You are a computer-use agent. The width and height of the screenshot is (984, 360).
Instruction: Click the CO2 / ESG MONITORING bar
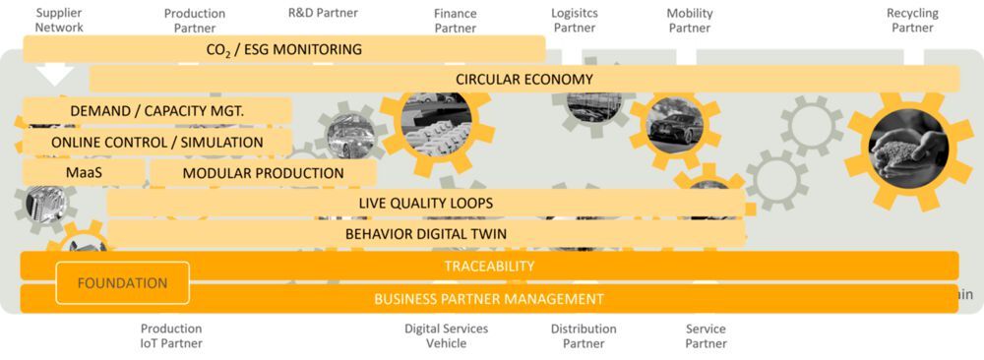[x=283, y=49]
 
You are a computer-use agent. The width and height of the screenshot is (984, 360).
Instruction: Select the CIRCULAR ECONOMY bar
[x=523, y=80]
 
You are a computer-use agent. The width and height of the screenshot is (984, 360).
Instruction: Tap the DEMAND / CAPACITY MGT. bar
[x=157, y=111]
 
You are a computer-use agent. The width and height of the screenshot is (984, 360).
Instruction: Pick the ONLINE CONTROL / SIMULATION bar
[x=157, y=143]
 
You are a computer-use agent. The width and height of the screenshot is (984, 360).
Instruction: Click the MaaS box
[x=84, y=173]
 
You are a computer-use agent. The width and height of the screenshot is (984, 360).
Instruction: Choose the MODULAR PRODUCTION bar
[x=263, y=173]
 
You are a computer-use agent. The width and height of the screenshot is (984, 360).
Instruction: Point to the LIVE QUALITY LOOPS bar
[x=425, y=204]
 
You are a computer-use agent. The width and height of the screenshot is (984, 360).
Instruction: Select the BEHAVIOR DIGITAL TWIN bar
[x=425, y=234]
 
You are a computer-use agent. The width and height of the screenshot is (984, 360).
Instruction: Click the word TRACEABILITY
[x=489, y=266]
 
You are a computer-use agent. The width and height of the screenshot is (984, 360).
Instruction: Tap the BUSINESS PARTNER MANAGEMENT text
[x=489, y=299]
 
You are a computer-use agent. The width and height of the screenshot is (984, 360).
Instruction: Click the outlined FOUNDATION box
[x=122, y=283]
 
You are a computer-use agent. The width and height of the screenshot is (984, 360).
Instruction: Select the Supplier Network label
[x=59, y=20]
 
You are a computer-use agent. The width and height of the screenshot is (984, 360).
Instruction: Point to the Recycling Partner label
[x=912, y=21]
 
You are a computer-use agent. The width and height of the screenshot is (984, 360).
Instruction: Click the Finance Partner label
[x=456, y=21]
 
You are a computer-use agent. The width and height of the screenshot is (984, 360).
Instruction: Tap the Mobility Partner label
[x=690, y=21]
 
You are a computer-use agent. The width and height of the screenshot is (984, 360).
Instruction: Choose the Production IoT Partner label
[x=171, y=336]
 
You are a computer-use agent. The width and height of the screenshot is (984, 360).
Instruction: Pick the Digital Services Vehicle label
[x=446, y=336]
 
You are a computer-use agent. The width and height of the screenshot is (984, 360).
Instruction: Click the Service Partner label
[x=706, y=336]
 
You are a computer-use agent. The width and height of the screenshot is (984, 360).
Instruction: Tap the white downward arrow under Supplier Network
[x=54, y=74]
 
